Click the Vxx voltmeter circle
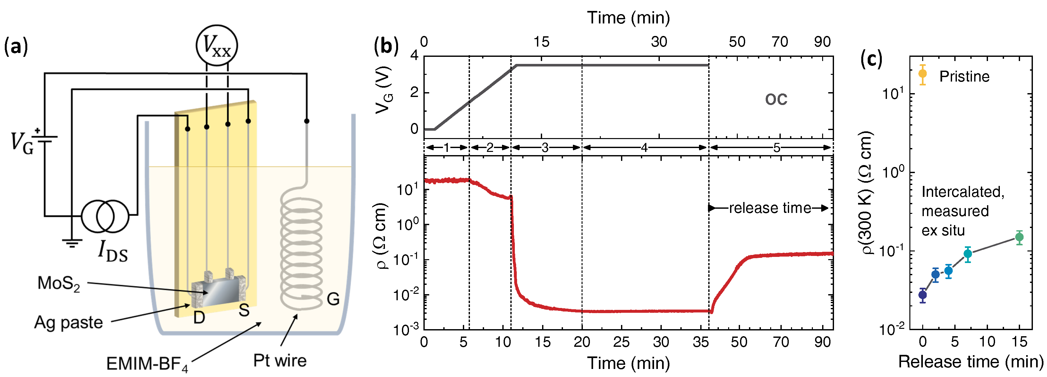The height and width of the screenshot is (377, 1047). (x=217, y=46)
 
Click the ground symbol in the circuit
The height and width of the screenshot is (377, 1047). (x=72, y=244)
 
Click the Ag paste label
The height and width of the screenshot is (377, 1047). (x=68, y=322)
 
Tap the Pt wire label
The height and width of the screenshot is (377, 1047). (x=280, y=360)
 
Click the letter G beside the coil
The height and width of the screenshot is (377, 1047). (x=333, y=300)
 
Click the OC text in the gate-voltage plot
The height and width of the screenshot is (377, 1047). (x=776, y=99)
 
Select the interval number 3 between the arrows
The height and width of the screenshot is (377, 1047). (x=545, y=148)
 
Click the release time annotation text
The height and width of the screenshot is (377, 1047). (x=770, y=208)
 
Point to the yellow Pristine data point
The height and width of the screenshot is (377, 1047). (x=923, y=74)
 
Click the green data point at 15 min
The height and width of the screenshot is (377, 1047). (x=1019, y=237)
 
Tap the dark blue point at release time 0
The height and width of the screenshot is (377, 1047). (x=923, y=295)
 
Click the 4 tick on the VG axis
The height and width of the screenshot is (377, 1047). (x=414, y=55)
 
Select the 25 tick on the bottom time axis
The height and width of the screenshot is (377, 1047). (x=621, y=342)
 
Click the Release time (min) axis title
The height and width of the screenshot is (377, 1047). (x=971, y=361)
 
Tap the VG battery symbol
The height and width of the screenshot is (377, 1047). (x=44, y=139)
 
